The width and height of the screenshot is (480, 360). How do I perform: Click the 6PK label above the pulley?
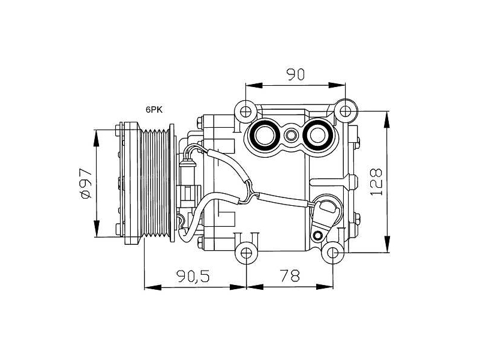point(154,110)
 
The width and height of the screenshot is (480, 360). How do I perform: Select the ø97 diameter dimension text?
point(86,183)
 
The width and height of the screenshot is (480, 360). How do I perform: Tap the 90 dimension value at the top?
point(295,74)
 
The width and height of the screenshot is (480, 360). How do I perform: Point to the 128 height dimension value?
point(376,182)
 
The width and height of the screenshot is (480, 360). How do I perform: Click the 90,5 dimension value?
point(193,276)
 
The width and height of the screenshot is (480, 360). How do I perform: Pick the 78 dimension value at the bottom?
point(290,276)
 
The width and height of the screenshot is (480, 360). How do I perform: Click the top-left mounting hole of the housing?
point(246,112)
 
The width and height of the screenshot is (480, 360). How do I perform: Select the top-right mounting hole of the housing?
point(346,111)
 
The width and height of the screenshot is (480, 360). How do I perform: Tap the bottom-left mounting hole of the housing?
point(246,253)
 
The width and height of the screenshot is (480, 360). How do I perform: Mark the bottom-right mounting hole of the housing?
point(333,253)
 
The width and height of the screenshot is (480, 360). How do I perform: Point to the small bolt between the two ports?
point(290,135)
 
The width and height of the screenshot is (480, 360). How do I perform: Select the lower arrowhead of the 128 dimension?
point(387,244)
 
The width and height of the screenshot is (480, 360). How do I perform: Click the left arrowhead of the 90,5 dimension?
point(152,287)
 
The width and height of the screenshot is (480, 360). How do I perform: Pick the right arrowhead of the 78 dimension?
point(325,287)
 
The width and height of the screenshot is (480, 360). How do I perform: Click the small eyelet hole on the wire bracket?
point(319,235)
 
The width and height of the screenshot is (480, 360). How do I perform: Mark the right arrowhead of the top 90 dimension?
point(337,85)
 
